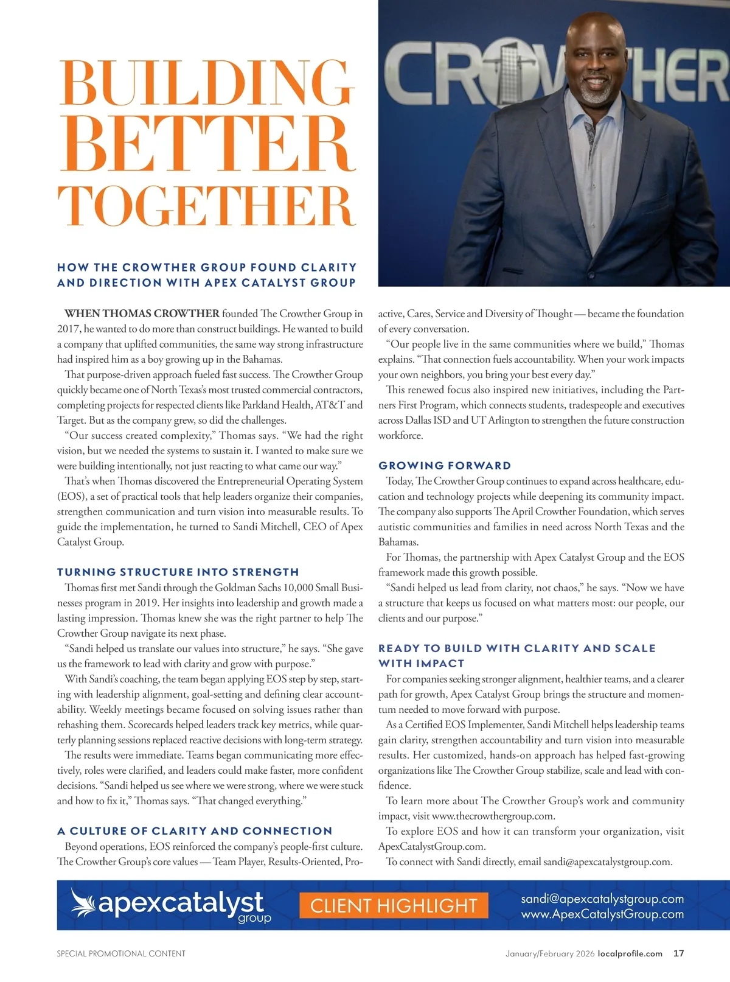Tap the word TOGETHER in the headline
(x=207, y=206)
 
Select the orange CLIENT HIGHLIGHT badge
(x=394, y=905)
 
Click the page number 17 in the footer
(x=678, y=953)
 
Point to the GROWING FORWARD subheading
(x=445, y=466)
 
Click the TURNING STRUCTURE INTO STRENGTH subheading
(x=178, y=572)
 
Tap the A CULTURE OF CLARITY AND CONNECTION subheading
(x=195, y=831)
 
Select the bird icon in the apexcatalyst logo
(x=83, y=903)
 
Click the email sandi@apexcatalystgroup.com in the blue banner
(x=602, y=899)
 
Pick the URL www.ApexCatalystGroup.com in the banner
(x=602, y=914)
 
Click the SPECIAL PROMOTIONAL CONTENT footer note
(x=121, y=953)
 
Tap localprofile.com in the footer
(x=630, y=953)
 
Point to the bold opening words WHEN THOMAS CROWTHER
(x=142, y=314)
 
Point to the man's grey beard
(x=593, y=94)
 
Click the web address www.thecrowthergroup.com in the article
(x=493, y=816)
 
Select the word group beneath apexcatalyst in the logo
(x=254, y=918)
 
